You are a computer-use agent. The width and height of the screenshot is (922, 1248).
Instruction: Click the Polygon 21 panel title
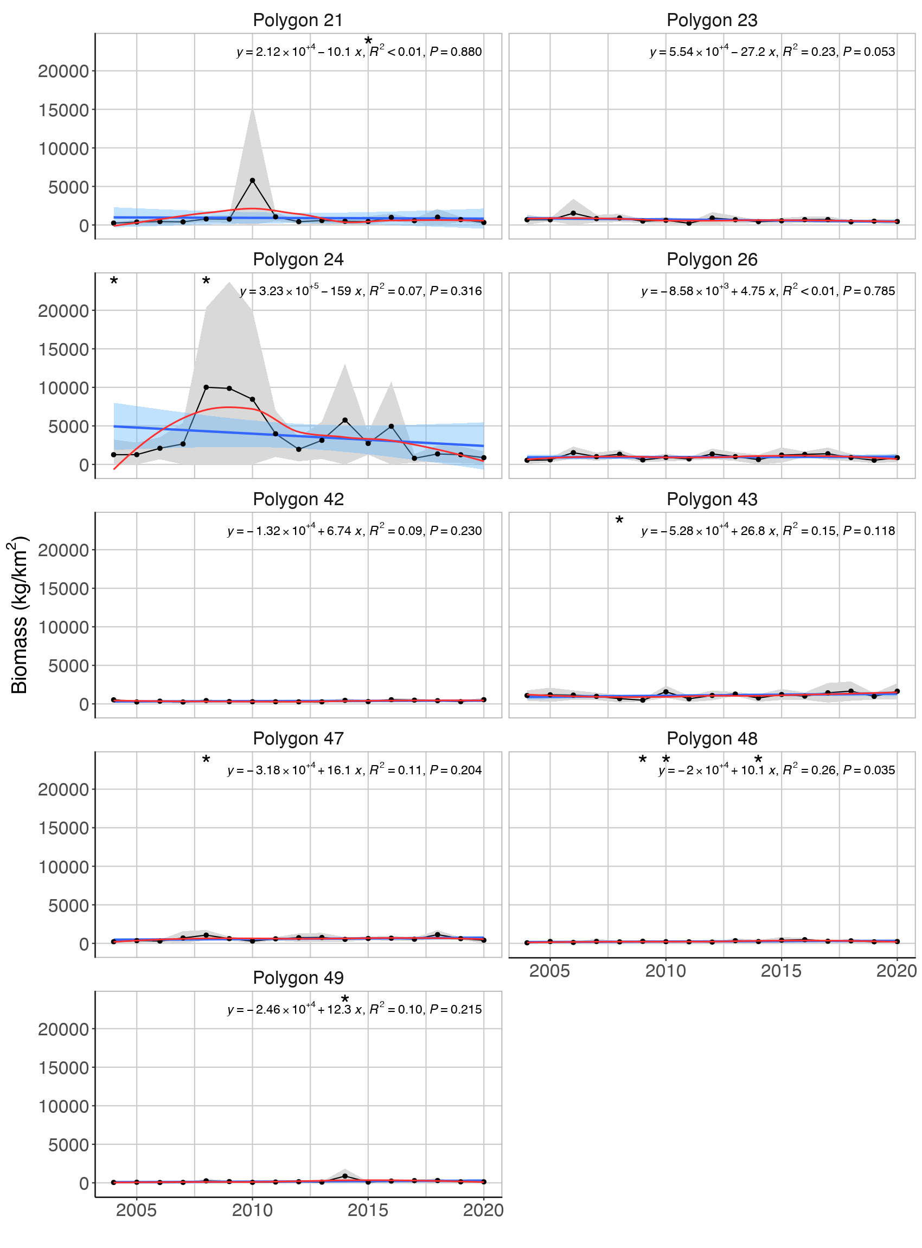click(x=298, y=20)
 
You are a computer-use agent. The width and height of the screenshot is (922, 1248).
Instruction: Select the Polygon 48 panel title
click(x=712, y=738)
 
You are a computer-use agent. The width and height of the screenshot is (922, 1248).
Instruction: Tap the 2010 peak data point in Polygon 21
click(x=252, y=180)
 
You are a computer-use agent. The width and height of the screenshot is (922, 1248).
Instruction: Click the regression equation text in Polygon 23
click(x=772, y=52)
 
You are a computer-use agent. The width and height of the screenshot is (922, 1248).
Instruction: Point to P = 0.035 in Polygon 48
click(x=869, y=770)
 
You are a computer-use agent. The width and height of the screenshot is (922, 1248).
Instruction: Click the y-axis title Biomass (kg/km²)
click(x=19, y=614)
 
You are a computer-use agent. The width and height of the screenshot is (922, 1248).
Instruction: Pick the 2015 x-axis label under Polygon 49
click(x=368, y=1210)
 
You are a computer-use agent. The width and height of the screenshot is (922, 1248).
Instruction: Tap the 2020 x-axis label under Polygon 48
click(x=897, y=971)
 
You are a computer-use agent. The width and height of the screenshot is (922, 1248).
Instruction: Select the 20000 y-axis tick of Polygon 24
click(x=63, y=311)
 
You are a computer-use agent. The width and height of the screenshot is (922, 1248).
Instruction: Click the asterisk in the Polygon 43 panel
click(x=619, y=521)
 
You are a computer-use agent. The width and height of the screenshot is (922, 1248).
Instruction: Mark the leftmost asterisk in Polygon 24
click(x=114, y=282)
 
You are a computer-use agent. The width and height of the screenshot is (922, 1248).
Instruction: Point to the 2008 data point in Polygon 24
click(x=206, y=387)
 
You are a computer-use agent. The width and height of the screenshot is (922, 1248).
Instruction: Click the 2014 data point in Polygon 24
click(x=345, y=420)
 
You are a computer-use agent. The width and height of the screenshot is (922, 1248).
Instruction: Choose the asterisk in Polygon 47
click(x=206, y=760)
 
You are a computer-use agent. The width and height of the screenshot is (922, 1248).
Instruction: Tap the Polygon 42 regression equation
click(x=354, y=531)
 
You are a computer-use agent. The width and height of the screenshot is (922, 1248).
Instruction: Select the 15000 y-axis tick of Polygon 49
click(x=63, y=1068)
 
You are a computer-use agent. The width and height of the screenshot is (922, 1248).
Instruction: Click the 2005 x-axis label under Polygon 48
click(x=549, y=971)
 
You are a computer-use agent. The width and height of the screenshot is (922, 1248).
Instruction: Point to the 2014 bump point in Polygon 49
click(x=345, y=1176)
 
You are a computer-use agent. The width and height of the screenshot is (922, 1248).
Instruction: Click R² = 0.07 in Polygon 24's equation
click(x=396, y=291)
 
